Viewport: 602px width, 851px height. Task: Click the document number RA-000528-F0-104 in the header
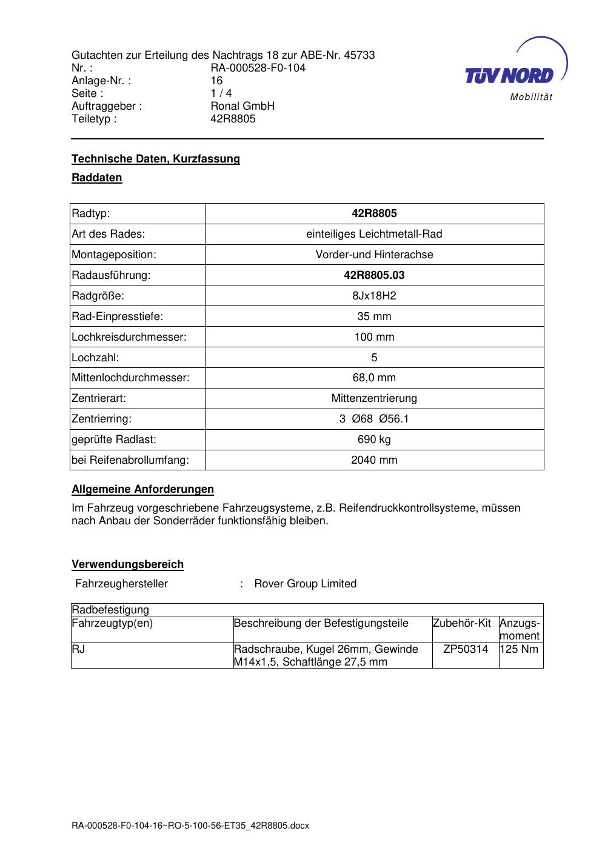258,68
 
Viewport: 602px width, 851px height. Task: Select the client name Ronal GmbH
242,106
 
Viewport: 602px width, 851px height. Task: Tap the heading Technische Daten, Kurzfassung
156,159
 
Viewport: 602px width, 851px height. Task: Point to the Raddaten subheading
97,178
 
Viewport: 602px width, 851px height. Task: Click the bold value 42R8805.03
374,275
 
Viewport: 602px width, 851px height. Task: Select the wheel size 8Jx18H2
374,296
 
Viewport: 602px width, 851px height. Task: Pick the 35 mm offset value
374,316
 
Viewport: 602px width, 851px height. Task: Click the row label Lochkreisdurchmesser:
129,337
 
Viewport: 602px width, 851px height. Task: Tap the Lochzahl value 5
374,358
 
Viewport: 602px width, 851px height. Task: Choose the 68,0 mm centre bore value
374,378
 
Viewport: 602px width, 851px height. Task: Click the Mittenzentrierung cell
374,398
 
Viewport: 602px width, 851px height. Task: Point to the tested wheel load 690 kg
374,439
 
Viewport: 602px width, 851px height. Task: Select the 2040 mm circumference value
374,460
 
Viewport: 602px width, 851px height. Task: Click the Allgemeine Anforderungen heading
142,489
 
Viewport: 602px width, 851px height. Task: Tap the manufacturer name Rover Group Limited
305,584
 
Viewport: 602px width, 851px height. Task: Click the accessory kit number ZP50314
466,649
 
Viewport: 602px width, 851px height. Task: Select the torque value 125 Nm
520,649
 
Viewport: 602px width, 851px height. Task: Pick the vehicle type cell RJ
78,649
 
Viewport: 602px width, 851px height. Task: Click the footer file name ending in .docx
190,826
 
